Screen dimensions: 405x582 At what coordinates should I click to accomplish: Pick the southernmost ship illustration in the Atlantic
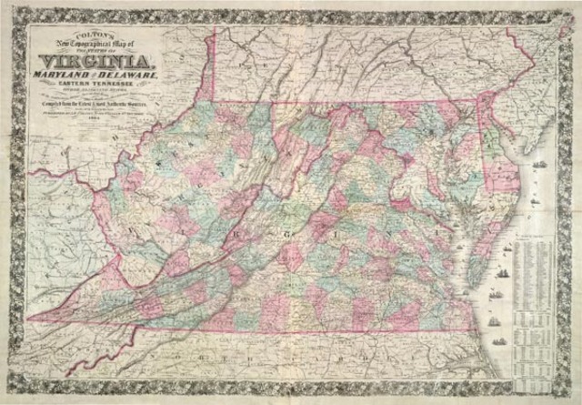pos(499,341)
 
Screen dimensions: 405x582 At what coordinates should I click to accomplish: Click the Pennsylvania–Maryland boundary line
pos(346,100)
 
